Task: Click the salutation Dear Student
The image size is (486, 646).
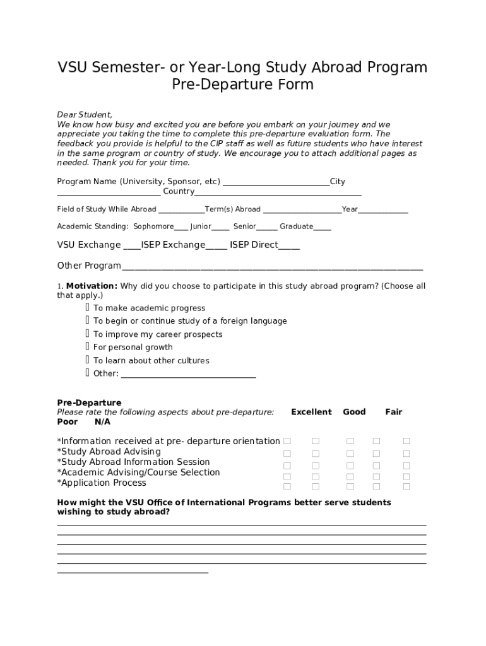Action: pyautogui.click(x=85, y=115)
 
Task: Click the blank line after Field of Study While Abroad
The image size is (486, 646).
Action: pyautogui.click(x=181, y=210)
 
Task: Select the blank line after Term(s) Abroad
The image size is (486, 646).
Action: pyautogui.click(x=302, y=210)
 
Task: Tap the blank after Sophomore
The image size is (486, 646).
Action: pyautogui.click(x=181, y=227)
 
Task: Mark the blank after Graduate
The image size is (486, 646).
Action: pyautogui.click(x=322, y=227)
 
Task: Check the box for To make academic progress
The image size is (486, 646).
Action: pyautogui.click(x=87, y=307)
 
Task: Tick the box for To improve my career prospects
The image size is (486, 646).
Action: pyautogui.click(x=87, y=334)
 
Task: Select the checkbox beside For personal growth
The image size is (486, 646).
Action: pyautogui.click(x=87, y=346)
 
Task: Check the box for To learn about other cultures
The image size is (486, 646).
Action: pyautogui.click(x=87, y=360)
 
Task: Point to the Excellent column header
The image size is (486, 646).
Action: pyautogui.click(x=311, y=412)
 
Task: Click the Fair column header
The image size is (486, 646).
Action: pyautogui.click(x=393, y=412)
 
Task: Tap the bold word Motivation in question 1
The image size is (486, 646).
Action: pyautogui.click(x=92, y=286)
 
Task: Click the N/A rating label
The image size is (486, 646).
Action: pyautogui.click(x=102, y=421)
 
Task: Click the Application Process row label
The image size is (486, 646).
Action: pyautogui.click(x=103, y=483)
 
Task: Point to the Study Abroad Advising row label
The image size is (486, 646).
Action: pyautogui.click(x=110, y=452)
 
